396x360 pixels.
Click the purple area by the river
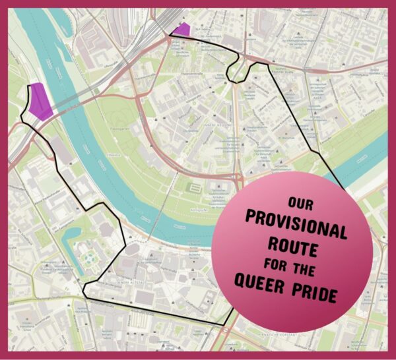[x=40, y=102]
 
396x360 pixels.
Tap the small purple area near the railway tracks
[x=181, y=30]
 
